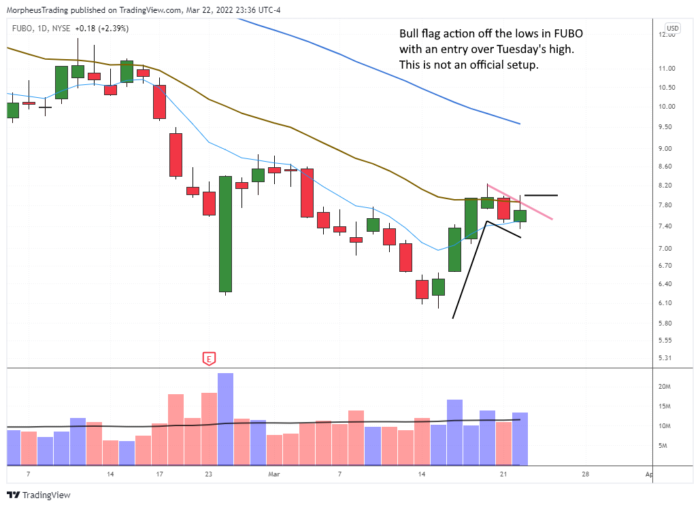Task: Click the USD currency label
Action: (672, 29)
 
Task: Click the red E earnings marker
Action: (210, 359)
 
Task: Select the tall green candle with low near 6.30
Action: (225, 234)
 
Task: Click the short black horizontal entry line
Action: (541, 196)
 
